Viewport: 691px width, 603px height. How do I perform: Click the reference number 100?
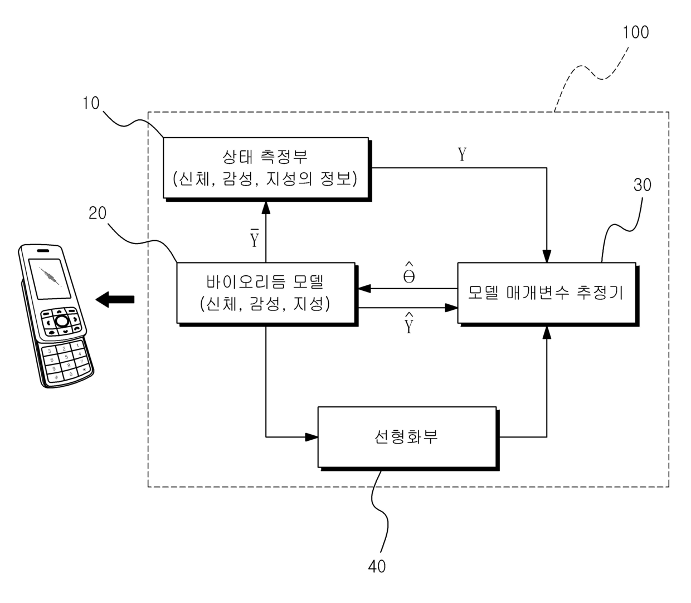pos(635,32)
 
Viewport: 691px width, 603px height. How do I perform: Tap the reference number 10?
pos(91,103)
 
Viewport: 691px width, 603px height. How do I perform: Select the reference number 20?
pos(98,213)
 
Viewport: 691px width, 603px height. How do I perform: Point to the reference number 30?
pos(642,184)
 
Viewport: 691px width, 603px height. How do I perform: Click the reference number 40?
pos(377,566)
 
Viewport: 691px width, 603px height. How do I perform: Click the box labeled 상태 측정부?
pos(266,167)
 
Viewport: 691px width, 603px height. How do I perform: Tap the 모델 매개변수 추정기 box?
pos(547,293)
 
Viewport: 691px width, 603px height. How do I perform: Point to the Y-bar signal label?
pos(254,238)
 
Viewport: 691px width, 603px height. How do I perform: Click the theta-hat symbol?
pos(408,272)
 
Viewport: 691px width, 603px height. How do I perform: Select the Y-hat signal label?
pos(408,323)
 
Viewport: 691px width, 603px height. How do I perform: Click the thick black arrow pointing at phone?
pos(115,299)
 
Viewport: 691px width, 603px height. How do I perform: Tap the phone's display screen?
pos(49,279)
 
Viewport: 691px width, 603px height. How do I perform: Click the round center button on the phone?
pos(62,321)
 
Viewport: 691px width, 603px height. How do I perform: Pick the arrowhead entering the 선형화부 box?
pos(312,437)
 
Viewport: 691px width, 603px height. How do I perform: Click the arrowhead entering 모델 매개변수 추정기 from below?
pos(547,333)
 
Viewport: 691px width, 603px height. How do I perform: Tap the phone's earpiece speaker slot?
pos(43,251)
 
